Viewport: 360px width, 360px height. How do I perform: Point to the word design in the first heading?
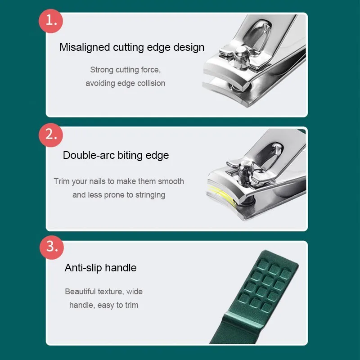(x=189, y=47)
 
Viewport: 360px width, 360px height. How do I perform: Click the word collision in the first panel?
(x=149, y=83)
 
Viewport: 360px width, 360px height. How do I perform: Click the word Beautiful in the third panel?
(x=81, y=292)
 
